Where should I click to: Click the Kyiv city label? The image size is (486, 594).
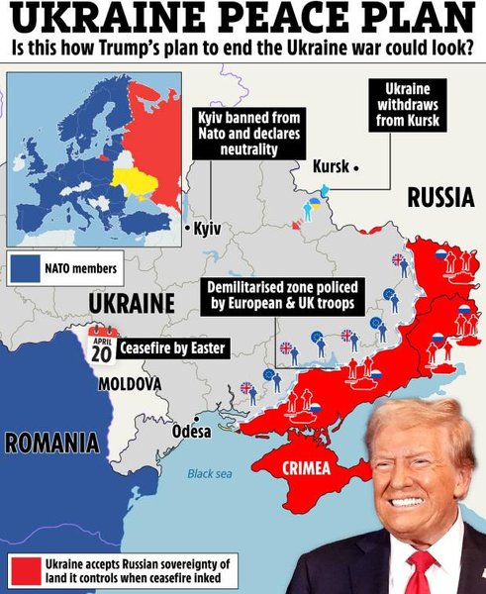[208, 229]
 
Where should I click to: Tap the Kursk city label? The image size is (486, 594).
[330, 165]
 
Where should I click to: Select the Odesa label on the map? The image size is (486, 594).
[192, 432]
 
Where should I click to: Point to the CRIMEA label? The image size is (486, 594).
[309, 469]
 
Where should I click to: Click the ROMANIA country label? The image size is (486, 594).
[51, 443]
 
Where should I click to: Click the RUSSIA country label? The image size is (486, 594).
[439, 198]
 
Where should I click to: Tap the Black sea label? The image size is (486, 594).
[209, 474]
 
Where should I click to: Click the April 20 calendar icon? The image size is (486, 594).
[101, 346]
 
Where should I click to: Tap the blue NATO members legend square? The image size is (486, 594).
[27, 267]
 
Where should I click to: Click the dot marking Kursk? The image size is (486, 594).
[354, 167]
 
